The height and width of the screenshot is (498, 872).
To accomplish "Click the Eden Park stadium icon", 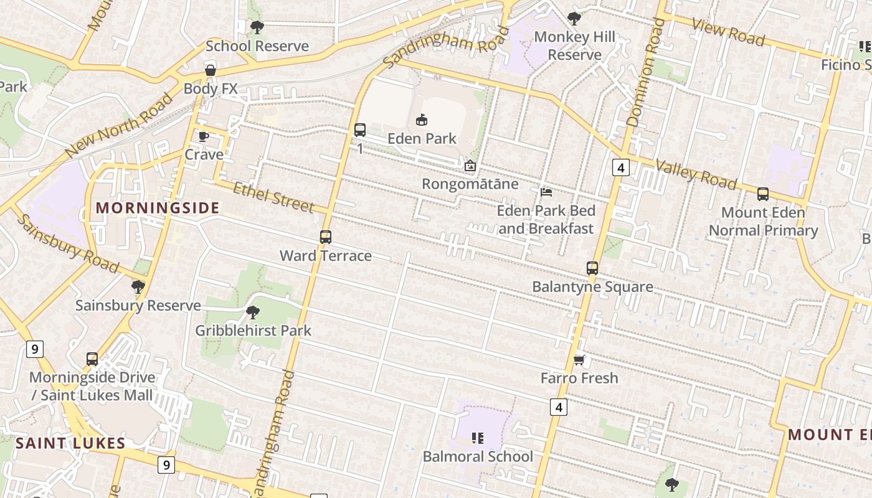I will (x=422, y=119).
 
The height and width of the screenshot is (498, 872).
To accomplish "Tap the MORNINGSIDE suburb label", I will (x=158, y=208).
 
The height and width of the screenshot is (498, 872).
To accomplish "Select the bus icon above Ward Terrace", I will (x=325, y=237).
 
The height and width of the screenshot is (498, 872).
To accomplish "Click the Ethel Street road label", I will (x=273, y=197).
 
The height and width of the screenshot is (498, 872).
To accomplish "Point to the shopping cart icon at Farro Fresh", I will (x=579, y=360).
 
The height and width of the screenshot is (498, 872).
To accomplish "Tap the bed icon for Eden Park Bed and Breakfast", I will (x=546, y=192).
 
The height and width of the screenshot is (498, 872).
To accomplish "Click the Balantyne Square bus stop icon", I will (x=592, y=268).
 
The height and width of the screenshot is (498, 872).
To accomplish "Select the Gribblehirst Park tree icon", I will (x=252, y=312).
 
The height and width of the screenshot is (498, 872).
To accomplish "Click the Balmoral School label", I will (x=478, y=456).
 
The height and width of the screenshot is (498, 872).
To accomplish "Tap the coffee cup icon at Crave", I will (x=203, y=136).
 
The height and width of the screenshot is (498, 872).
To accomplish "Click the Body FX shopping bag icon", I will (x=211, y=70).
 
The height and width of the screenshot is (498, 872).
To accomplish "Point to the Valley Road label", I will (x=696, y=174).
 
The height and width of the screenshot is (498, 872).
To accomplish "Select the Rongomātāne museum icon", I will (x=470, y=166).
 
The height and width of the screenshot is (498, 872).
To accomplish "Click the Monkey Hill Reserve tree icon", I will (x=574, y=19).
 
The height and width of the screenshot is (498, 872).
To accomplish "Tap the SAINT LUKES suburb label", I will (x=70, y=443).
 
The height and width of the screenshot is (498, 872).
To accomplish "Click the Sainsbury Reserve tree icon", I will (x=138, y=287).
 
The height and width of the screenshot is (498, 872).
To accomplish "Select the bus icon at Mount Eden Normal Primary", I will (x=763, y=194).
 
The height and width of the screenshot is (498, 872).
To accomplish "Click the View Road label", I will (x=727, y=32).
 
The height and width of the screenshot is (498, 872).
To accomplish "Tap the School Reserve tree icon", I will (x=257, y=27).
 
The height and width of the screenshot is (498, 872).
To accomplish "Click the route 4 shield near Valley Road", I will (x=620, y=167).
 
